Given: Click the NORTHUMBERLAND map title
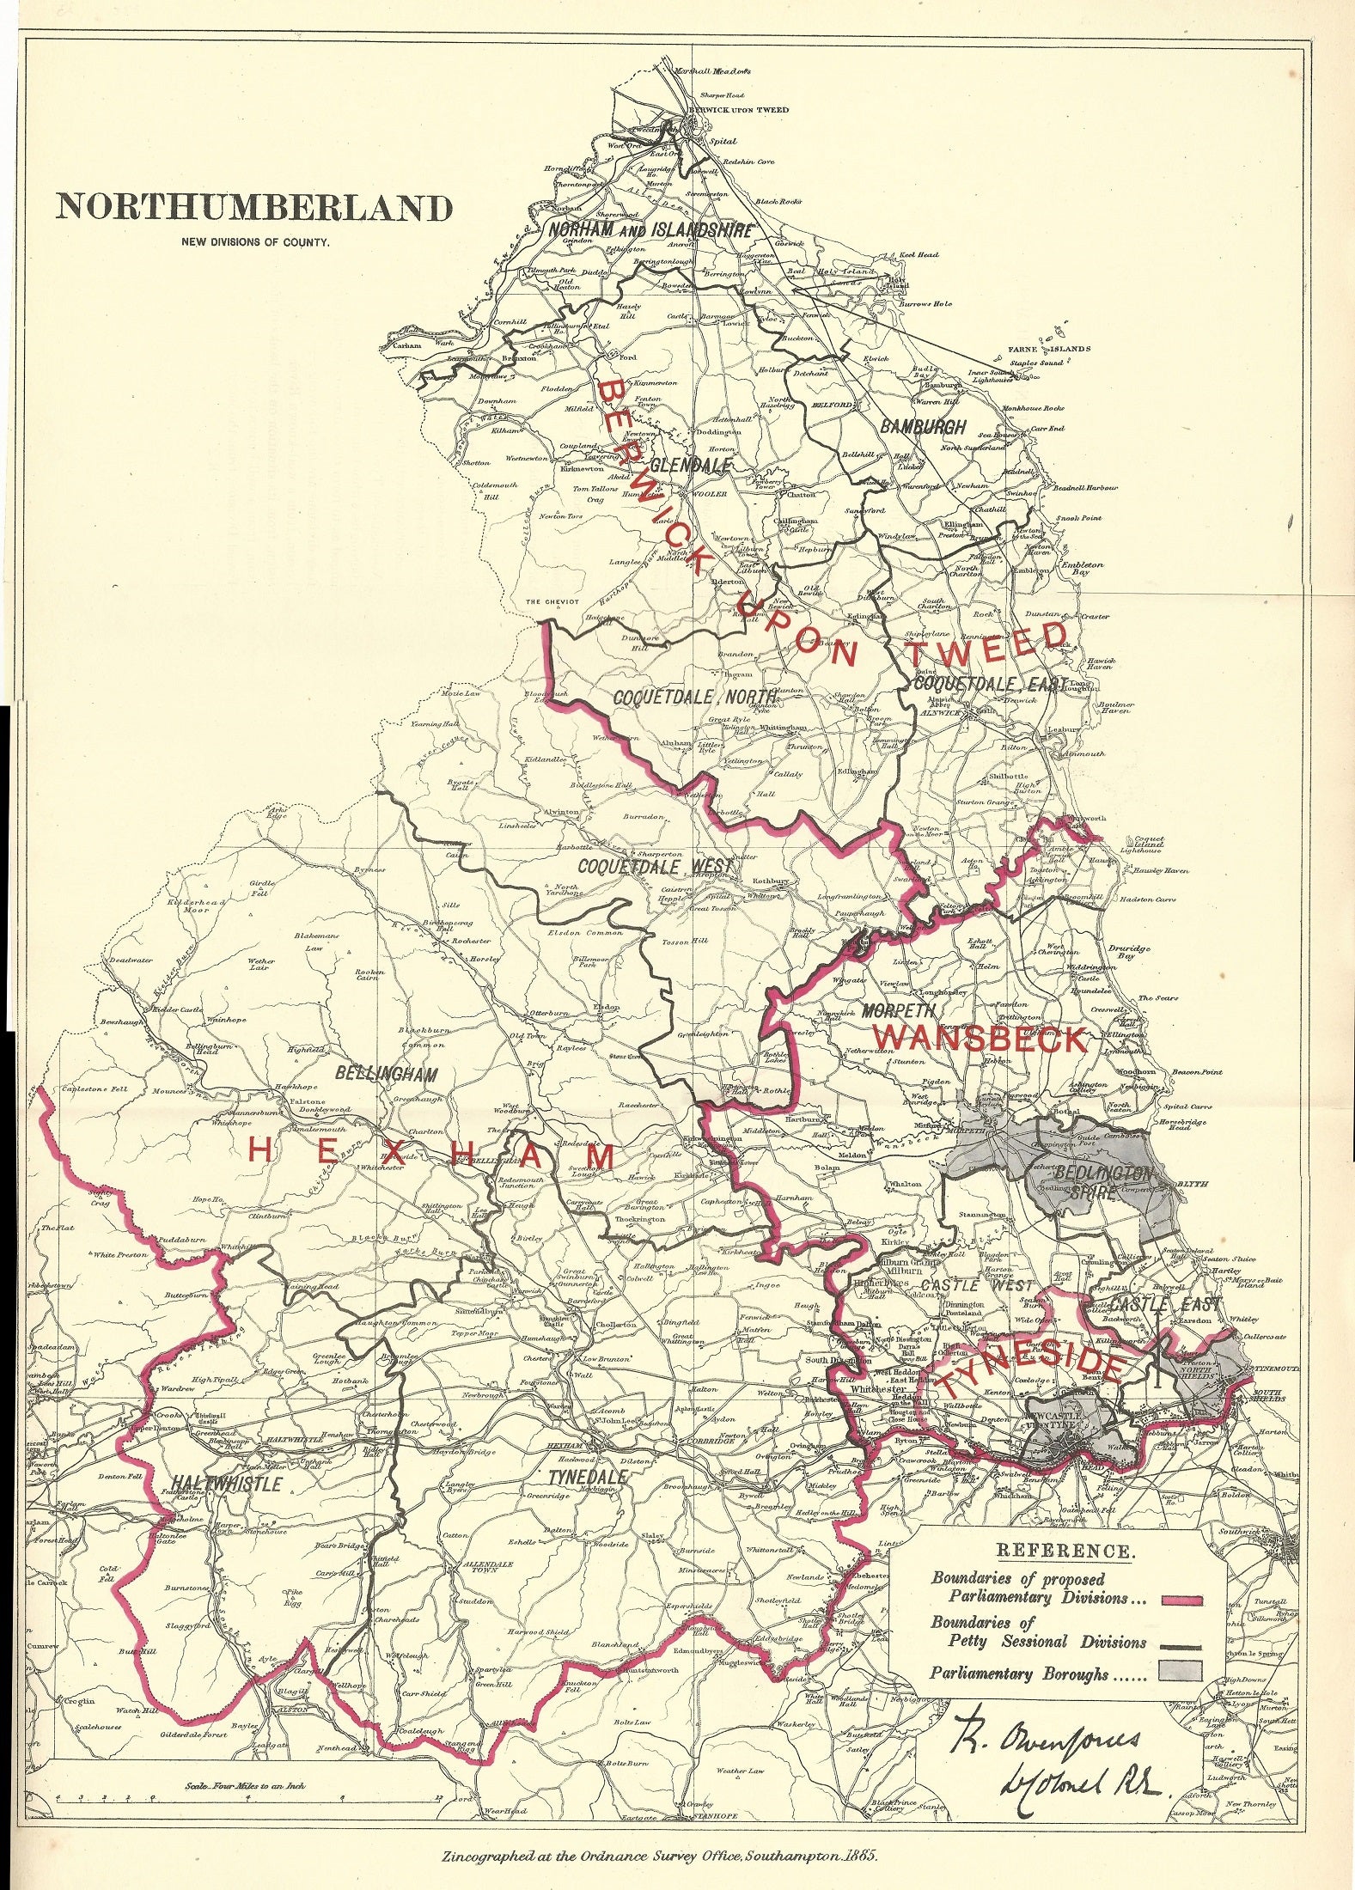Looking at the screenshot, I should [x=253, y=209].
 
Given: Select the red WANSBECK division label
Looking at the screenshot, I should [x=980, y=1039].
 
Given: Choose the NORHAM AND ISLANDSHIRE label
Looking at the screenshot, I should [x=650, y=230].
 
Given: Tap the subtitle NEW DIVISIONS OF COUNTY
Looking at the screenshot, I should [x=255, y=243].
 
